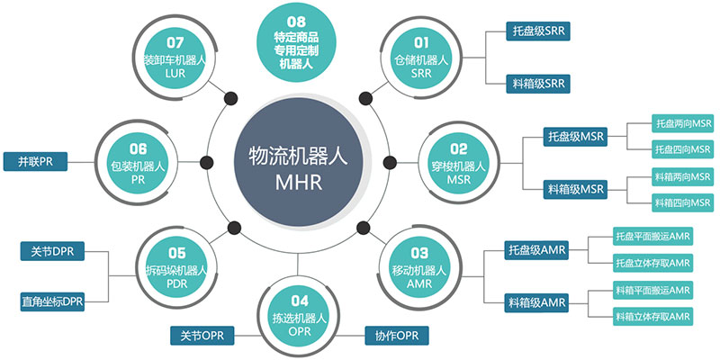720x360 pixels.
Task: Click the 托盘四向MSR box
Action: tap(682, 148)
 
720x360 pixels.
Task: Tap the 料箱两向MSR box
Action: tap(682, 177)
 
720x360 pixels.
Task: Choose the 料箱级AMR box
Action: tap(535, 300)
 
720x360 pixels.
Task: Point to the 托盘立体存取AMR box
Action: tap(652, 263)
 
